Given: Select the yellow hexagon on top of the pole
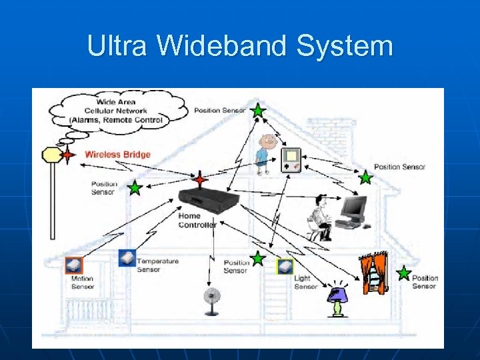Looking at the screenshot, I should (52, 155).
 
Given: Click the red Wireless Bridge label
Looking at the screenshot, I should (117, 155).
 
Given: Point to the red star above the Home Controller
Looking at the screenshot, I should (200, 179).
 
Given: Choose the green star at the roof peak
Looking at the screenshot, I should (258, 111).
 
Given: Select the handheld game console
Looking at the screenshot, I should (291, 160).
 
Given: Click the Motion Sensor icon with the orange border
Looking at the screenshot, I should (73, 265).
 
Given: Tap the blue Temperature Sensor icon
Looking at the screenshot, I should (127, 258).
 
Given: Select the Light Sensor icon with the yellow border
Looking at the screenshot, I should (285, 267).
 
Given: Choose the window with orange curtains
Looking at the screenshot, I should (373, 273).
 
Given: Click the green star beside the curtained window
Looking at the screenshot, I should (403, 273).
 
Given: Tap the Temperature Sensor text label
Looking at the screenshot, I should (157, 265).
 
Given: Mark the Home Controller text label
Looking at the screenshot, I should (197, 221).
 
